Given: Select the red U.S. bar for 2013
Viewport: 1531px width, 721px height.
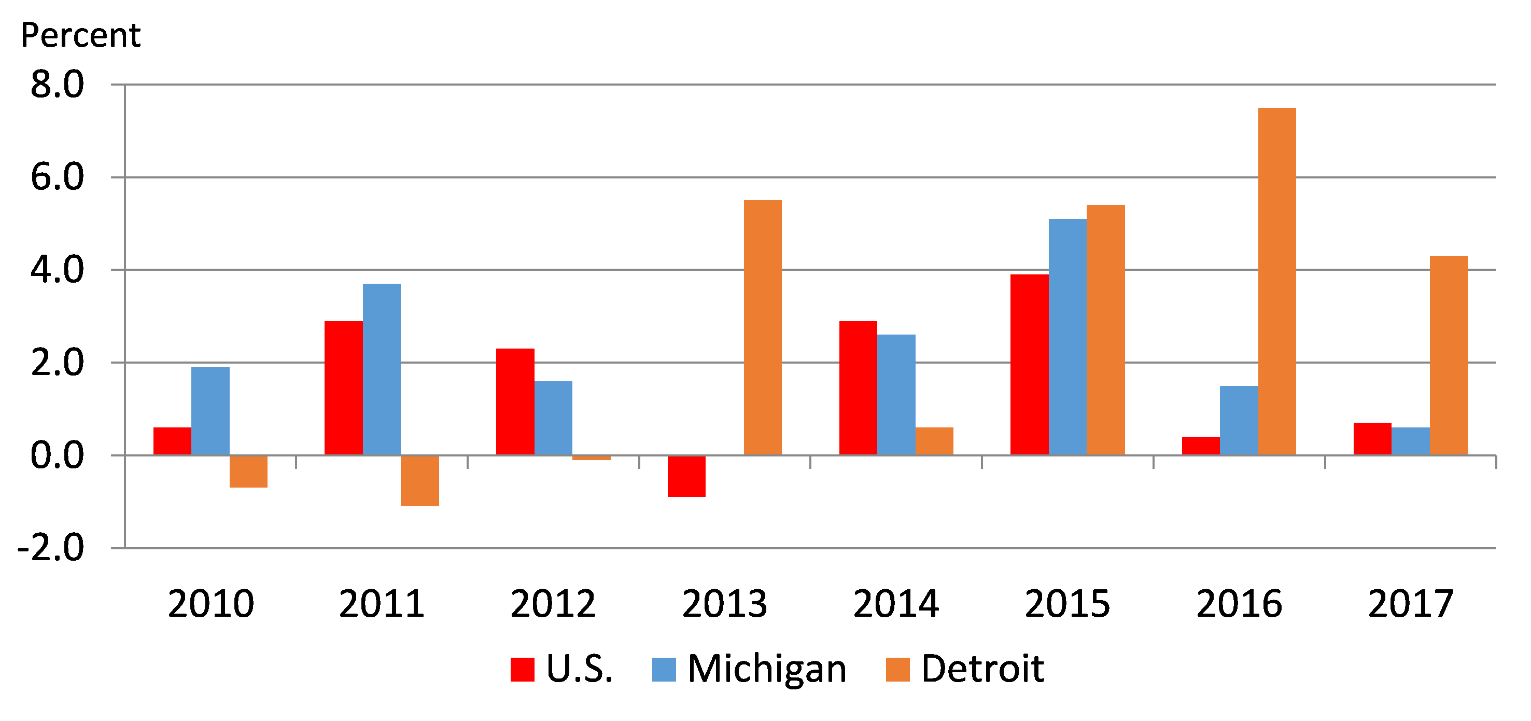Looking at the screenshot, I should pyautogui.click(x=686, y=476).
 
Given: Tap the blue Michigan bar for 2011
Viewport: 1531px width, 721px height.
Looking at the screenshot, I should pyautogui.click(x=382, y=369).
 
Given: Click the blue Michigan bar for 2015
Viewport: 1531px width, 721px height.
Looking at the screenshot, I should pyautogui.click(x=1068, y=337).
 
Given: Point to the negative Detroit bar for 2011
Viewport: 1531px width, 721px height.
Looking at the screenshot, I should pyautogui.click(x=419, y=481).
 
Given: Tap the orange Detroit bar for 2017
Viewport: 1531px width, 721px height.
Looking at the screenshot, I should pyautogui.click(x=1449, y=355).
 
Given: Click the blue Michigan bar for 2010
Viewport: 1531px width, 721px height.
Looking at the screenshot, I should pyautogui.click(x=210, y=411).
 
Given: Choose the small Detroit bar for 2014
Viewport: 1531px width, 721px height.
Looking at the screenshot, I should pyautogui.click(x=934, y=441).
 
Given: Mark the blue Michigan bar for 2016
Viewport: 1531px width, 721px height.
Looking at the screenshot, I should pyautogui.click(x=1239, y=420).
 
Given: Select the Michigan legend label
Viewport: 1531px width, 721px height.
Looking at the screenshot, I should pyautogui.click(x=767, y=669).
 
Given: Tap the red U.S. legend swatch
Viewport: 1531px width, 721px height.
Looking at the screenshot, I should pyautogui.click(x=523, y=669).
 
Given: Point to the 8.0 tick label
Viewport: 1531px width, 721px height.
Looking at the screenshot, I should pyautogui.click(x=57, y=85).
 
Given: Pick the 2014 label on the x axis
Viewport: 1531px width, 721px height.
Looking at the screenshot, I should pyautogui.click(x=896, y=604).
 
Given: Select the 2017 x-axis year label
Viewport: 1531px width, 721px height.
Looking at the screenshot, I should pyautogui.click(x=1410, y=604).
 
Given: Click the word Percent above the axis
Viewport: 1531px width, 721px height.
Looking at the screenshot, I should pyautogui.click(x=81, y=35).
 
